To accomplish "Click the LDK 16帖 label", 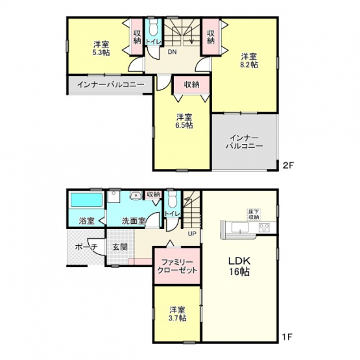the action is (239, 266).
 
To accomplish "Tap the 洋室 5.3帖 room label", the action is (101, 48).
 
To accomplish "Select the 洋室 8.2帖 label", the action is (249, 60).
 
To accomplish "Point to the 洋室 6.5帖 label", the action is (184, 121).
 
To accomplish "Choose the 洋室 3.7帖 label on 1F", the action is (178, 314).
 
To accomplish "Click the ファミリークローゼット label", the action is (177, 266).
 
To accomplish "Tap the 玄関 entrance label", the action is (120, 247).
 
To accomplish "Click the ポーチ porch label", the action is (86, 247).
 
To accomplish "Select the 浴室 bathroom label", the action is (86, 221).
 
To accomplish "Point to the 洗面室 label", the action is (134, 221).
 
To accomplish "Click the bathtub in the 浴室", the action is (86, 200).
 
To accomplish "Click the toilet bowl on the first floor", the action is (172, 199).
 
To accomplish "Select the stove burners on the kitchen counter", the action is (264, 227).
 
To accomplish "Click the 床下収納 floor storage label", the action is (254, 214).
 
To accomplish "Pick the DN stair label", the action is (172, 52).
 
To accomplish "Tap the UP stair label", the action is (192, 234).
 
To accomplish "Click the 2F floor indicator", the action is (288, 165).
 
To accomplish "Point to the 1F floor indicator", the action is (287, 337).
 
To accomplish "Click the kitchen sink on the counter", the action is (240, 228).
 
